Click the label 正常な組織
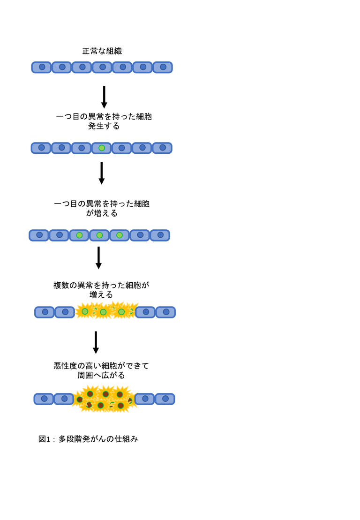click(x=102, y=51)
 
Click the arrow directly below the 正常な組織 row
click(x=104, y=97)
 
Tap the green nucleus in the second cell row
click(x=102, y=148)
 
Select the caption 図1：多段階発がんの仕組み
click(x=88, y=439)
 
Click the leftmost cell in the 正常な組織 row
click(x=41, y=68)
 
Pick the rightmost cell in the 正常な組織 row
click(x=163, y=68)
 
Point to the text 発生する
click(x=104, y=126)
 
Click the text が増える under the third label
click(x=102, y=213)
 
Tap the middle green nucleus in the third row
click(x=99, y=235)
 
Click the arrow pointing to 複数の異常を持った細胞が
click(x=98, y=257)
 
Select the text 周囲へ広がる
click(x=101, y=375)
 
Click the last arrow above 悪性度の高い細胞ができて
click(x=96, y=342)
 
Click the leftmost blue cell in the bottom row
click(x=44, y=399)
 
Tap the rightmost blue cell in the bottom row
click(x=165, y=399)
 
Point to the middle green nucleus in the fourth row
click(x=104, y=312)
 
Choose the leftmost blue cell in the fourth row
click(x=45, y=312)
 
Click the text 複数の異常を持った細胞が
click(x=101, y=285)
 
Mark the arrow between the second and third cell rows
click(x=102, y=173)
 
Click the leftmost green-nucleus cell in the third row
click(x=79, y=235)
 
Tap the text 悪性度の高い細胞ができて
click(x=101, y=366)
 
